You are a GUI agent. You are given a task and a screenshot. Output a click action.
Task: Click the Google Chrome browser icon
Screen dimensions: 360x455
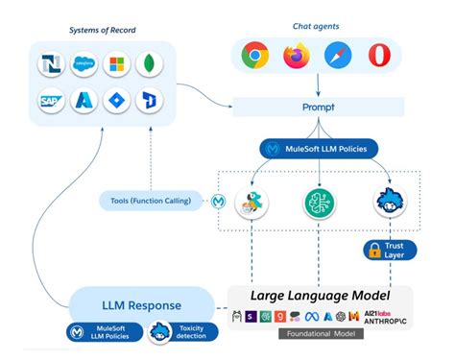pyautogui.click(x=254, y=56)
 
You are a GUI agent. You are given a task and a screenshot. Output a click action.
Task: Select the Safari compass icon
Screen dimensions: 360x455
pyautogui.click(x=337, y=56)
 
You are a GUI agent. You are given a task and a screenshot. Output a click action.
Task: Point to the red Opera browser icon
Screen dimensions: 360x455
pyautogui.click(x=378, y=56)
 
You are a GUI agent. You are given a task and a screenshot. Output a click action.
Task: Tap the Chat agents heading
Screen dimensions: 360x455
pyautogui.click(x=316, y=25)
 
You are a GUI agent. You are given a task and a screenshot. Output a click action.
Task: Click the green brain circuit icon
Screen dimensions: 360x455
pyautogui.click(x=317, y=203)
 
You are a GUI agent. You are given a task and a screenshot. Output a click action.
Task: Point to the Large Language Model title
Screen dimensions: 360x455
pyautogui.click(x=319, y=296)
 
